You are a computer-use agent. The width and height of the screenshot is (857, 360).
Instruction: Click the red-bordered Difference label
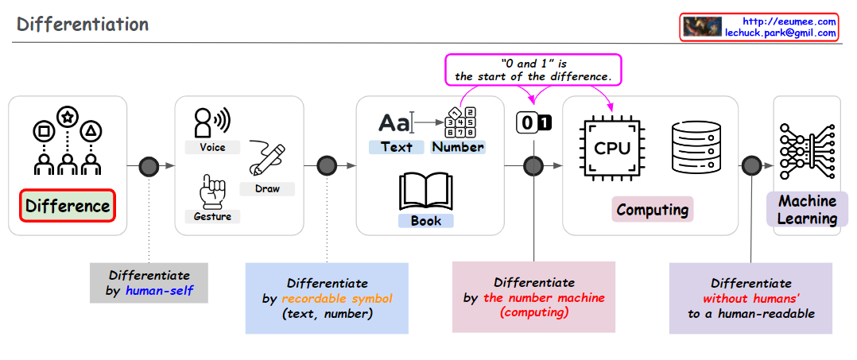pos(68,207)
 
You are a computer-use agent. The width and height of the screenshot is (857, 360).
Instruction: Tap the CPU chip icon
pos(612,148)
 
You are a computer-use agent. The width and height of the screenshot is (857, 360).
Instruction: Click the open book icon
pos(425,192)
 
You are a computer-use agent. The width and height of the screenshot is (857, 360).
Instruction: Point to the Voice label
pos(212,147)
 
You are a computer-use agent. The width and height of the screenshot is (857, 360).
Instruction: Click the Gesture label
pos(212,216)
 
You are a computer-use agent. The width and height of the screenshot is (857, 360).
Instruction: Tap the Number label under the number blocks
pos(457,147)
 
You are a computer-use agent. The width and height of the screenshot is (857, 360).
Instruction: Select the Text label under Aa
pos(396,147)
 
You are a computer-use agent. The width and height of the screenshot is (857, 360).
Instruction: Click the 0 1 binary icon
pos(533,123)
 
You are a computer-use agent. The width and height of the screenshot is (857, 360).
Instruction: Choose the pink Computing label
pos(653,210)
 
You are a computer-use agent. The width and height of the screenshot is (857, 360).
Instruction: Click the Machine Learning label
pos(807,210)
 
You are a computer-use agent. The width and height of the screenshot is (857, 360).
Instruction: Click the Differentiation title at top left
pos(83,24)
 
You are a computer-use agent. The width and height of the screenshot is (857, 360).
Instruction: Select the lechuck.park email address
pos(780,33)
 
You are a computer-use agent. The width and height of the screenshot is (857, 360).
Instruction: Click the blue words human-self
pos(159,290)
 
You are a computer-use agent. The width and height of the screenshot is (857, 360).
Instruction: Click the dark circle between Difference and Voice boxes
pos(149,165)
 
